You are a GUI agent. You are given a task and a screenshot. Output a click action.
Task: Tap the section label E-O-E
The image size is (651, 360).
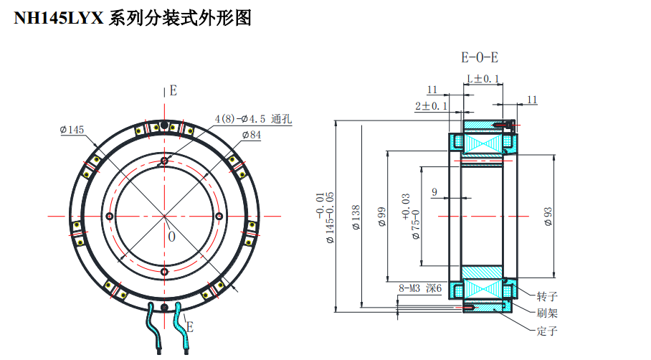(x=480, y=57)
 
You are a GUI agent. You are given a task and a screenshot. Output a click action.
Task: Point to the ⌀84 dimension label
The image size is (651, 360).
(x=251, y=134)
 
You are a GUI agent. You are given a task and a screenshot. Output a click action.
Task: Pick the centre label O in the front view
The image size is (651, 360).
(x=171, y=236)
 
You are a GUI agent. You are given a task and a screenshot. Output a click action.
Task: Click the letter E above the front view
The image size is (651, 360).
(x=173, y=90)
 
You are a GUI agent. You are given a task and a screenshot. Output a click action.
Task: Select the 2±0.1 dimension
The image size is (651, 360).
(x=432, y=105)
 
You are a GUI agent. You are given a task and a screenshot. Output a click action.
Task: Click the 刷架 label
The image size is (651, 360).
(x=547, y=313)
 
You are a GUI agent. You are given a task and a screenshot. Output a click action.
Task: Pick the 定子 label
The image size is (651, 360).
(x=547, y=331)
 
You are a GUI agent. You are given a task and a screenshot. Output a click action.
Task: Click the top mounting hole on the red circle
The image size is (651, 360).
(x=165, y=161)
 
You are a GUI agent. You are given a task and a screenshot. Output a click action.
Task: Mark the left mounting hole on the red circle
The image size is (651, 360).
(x=109, y=217)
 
